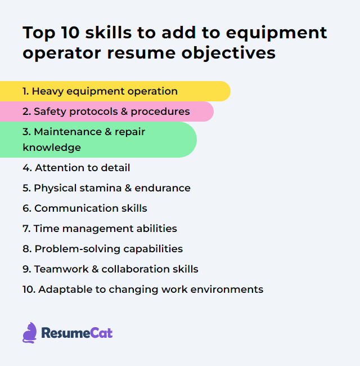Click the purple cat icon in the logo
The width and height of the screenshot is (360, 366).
coord(30,332)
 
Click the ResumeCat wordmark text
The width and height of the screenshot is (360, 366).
coord(76,333)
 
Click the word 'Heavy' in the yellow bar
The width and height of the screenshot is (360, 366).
coord(47,91)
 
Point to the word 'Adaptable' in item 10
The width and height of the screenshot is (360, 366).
coord(61,289)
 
